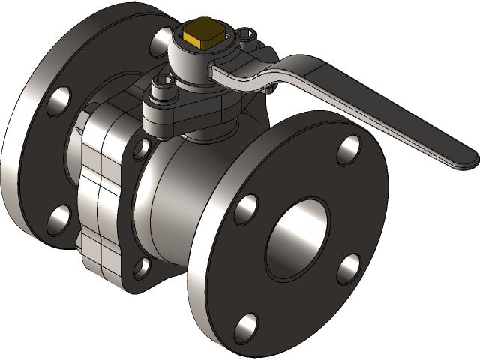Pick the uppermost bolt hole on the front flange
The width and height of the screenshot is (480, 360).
pyautogui.click(x=348, y=150)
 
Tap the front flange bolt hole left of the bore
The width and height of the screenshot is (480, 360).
pyautogui.click(x=245, y=209)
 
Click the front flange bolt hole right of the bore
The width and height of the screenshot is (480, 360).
pyautogui.click(x=349, y=268)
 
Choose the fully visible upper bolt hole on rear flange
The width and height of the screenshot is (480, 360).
pyautogui.click(x=58, y=100)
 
